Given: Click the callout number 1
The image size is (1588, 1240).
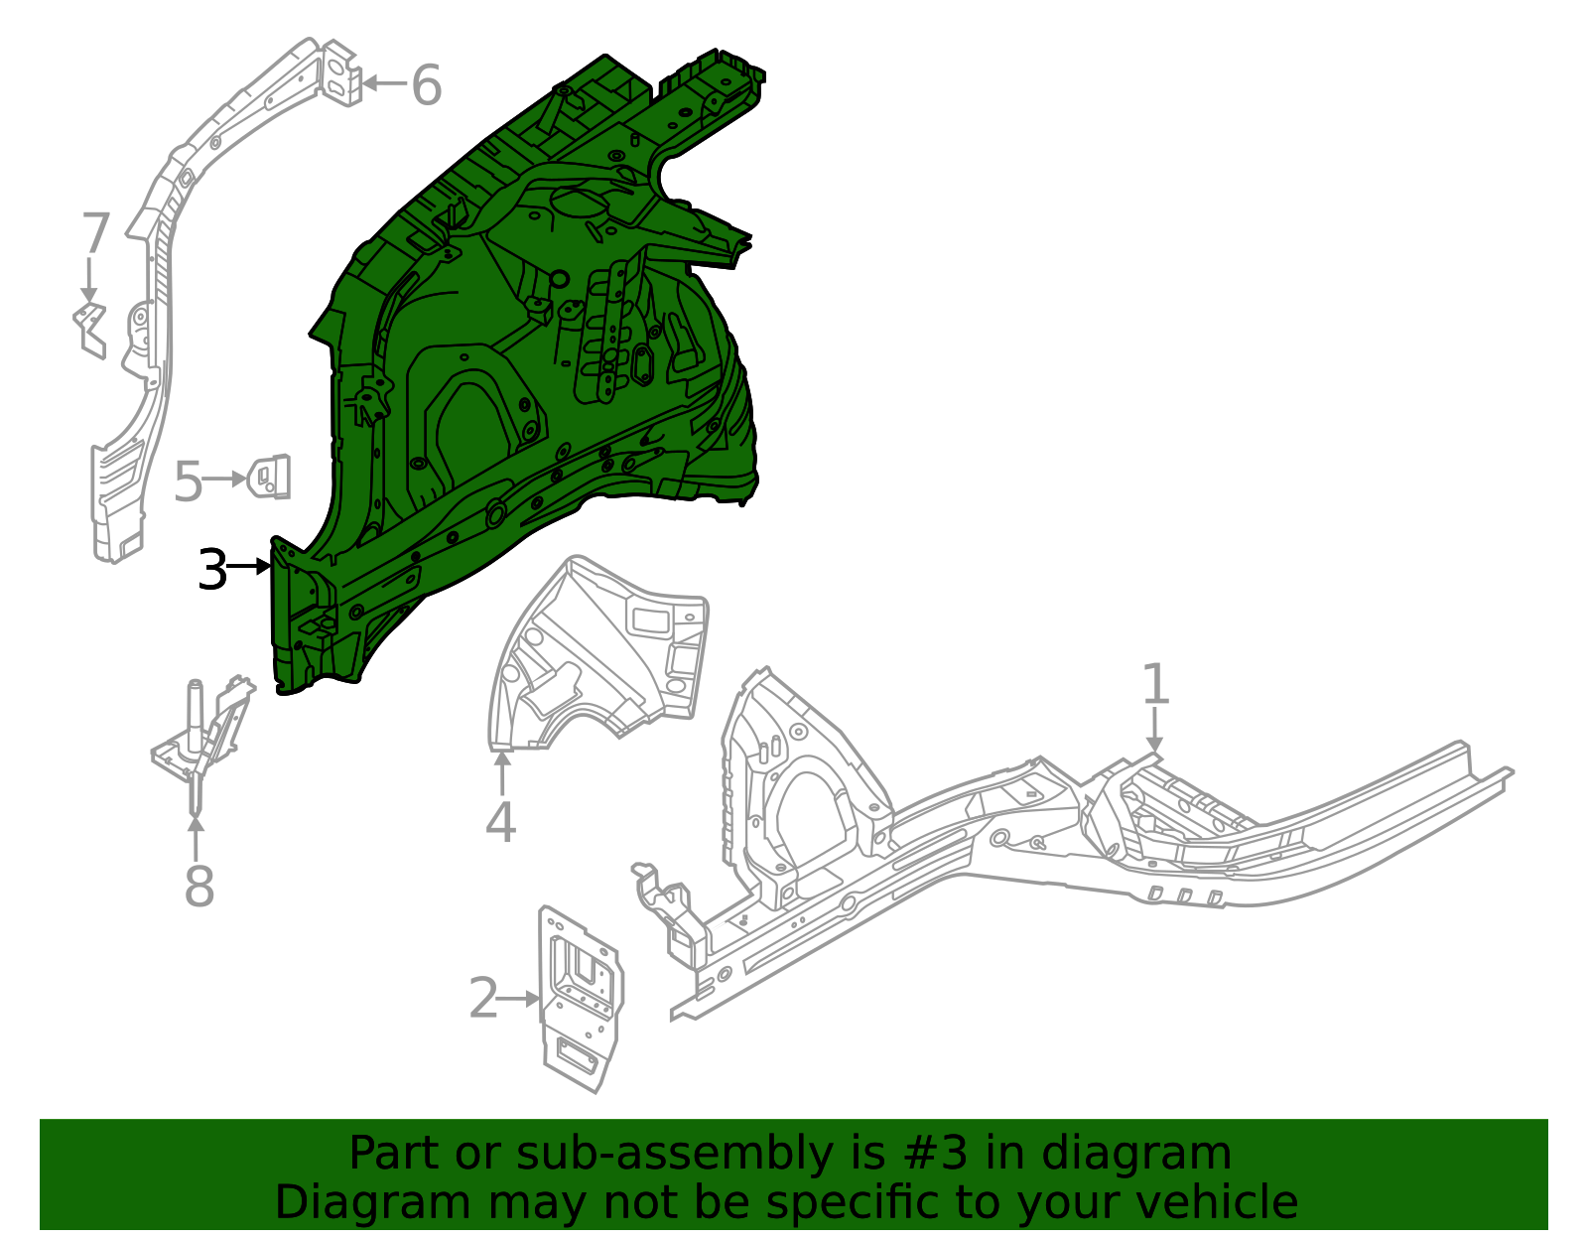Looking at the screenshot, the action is coord(1154,684).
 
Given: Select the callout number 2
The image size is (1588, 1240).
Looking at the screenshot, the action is coord(483,998).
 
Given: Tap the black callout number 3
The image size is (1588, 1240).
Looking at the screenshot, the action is coord(212,570).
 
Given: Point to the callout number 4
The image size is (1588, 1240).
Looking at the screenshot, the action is coord(500,822).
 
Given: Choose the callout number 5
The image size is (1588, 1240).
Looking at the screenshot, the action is coord(188,482).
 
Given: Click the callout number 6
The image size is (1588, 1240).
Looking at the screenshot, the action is coord(426,85).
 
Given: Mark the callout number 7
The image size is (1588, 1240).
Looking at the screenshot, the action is coord(94,234).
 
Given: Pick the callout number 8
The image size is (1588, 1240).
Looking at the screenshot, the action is coord(198,886).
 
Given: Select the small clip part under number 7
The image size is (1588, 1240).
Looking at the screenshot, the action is coord(90,328).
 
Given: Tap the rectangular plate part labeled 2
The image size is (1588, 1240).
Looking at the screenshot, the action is coord(581,998).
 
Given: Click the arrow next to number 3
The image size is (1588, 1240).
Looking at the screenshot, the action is coord(249,567).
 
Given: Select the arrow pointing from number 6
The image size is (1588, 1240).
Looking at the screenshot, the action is coord(384,83).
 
